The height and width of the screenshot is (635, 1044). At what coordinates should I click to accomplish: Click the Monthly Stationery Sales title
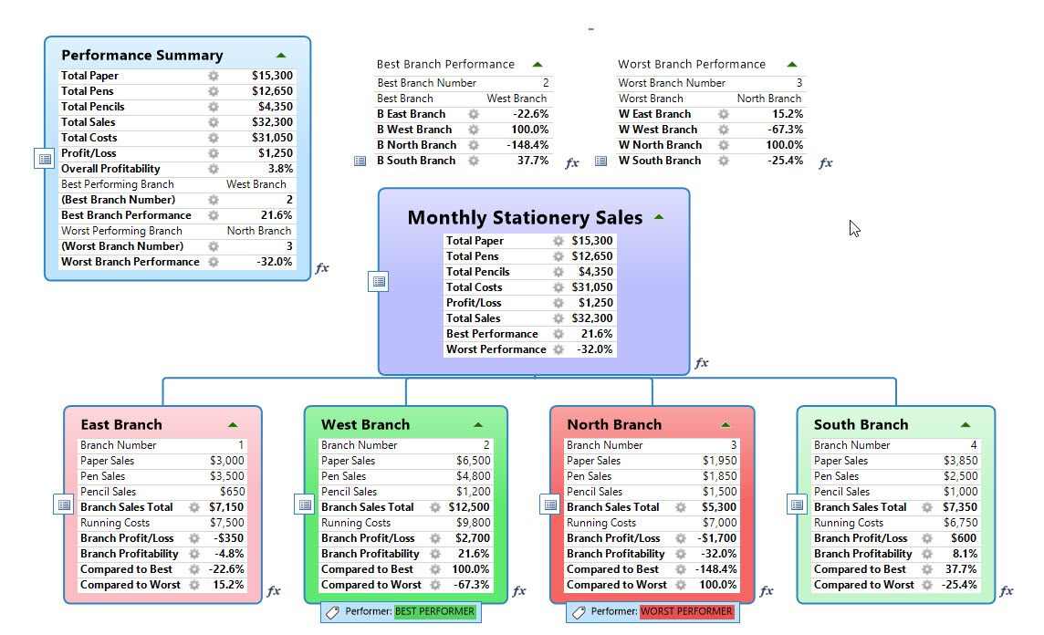[x=525, y=218]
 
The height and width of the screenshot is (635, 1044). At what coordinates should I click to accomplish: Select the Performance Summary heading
[x=141, y=56]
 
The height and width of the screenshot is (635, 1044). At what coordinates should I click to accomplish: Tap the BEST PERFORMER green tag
[x=434, y=611]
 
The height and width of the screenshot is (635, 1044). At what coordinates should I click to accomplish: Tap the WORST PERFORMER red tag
[x=686, y=611]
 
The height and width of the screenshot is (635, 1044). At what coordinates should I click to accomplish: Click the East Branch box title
[x=121, y=425]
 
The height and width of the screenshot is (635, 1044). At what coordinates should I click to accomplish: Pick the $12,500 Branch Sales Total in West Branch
[x=469, y=507]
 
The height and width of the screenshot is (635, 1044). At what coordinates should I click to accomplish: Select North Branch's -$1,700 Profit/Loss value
[x=715, y=538]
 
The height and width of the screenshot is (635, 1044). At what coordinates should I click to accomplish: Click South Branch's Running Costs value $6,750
[x=959, y=523]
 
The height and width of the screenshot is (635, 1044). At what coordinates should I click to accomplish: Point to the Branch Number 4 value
[x=973, y=445]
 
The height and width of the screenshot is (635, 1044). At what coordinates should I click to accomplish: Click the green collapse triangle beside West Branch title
[x=478, y=425]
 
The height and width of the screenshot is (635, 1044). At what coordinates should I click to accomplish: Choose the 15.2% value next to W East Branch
[x=787, y=114]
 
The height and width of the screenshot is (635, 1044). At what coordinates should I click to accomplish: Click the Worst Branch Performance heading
[x=691, y=65]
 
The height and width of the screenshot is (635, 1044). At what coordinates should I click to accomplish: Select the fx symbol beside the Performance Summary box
[x=321, y=268]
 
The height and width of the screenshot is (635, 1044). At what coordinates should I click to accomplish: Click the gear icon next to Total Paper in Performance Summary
[x=214, y=76]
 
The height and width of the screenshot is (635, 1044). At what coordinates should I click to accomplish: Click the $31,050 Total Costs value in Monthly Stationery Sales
[x=592, y=287]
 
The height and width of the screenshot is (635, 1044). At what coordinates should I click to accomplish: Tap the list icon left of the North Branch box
[x=550, y=505]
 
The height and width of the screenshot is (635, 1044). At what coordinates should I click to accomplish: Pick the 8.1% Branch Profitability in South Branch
[x=965, y=554]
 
